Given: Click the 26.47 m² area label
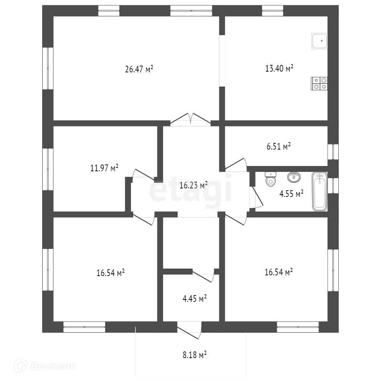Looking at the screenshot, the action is pos(139,69).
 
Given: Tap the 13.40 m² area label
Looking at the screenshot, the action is pos(279,68).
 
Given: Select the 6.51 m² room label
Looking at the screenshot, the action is pos(278,147).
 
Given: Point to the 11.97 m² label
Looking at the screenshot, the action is pos(104,168).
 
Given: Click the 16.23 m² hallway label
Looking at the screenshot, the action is pos(193,185).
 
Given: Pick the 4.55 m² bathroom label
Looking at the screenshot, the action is pos(291,193).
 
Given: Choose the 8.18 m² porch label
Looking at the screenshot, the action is pos(195,355).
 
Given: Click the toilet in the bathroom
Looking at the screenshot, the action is pos(270,179).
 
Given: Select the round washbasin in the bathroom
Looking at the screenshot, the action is pos(295,176).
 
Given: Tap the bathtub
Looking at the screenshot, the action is pos(319,191).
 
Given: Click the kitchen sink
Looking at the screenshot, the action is pos(319,41).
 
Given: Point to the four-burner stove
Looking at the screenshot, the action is pos(319,83).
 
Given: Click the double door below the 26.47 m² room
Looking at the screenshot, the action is pos(191,119).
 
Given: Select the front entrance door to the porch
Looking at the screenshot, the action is pos(190,332).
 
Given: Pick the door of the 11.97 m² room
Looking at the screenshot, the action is pos(144,175).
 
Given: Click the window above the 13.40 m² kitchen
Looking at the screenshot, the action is pos(272,10).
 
